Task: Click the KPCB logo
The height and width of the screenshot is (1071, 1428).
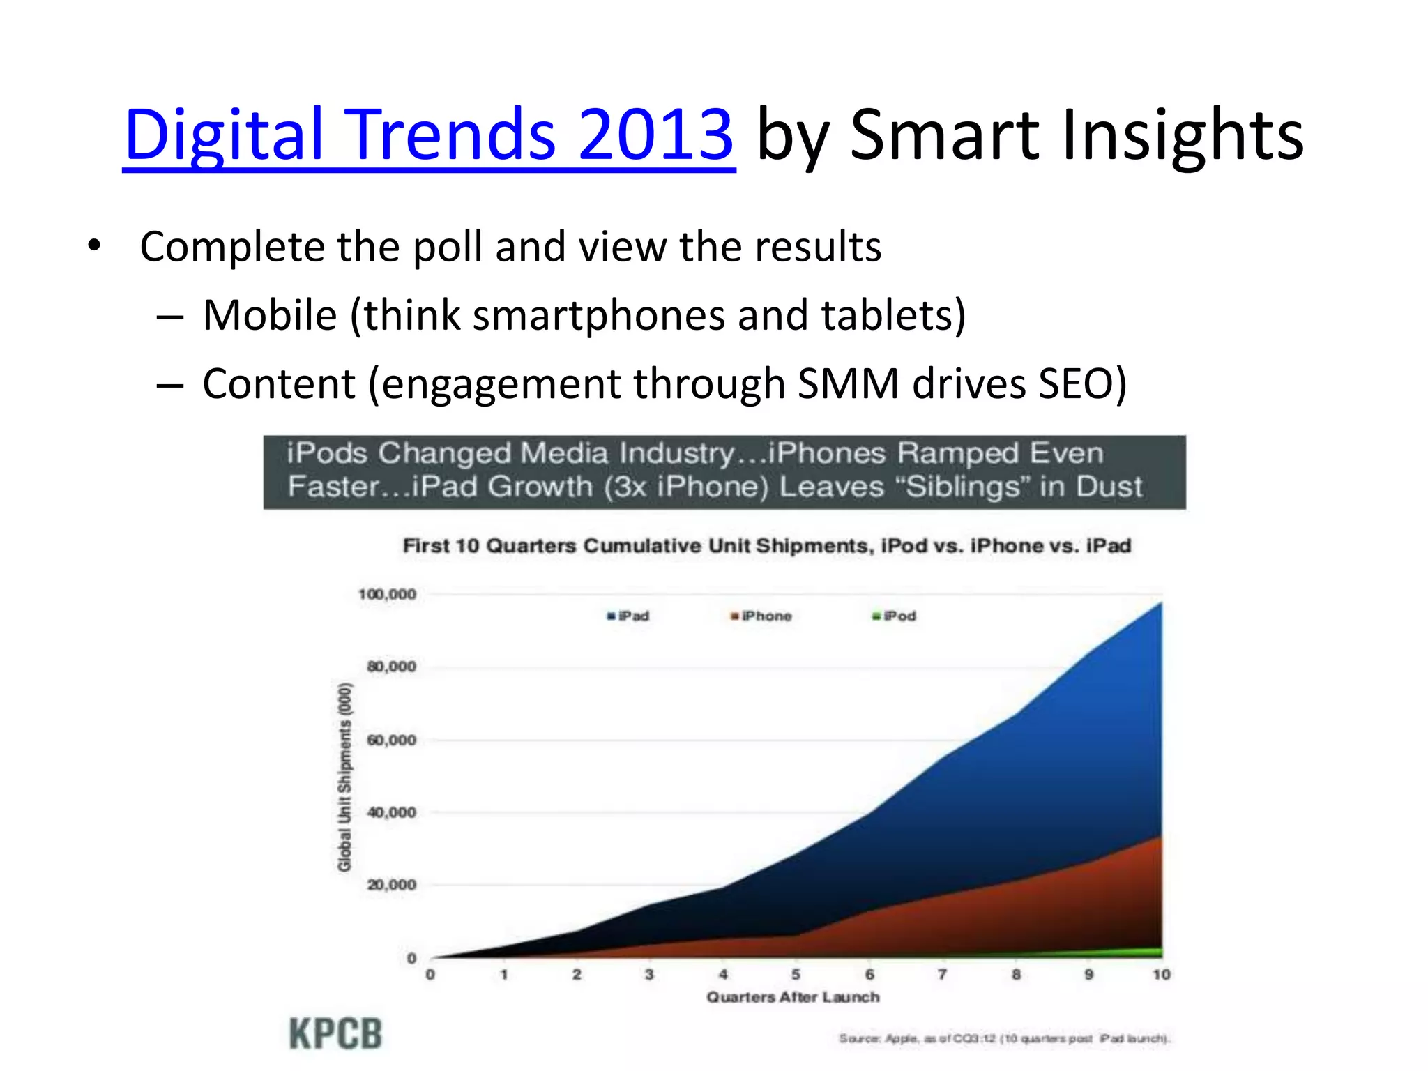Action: point(335,1033)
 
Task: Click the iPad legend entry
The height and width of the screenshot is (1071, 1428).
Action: point(629,616)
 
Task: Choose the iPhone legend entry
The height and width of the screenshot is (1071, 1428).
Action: point(761,616)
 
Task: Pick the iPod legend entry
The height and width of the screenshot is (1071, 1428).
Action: point(895,616)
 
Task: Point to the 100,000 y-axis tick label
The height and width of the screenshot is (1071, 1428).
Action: point(387,594)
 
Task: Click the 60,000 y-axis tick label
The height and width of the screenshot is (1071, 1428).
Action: point(391,740)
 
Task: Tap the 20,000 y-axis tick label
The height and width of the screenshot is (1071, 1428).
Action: point(391,885)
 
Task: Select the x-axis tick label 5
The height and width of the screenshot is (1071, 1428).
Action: point(796,974)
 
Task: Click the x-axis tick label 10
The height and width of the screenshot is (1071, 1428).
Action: point(1161,974)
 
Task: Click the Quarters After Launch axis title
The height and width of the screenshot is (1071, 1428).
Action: point(793,997)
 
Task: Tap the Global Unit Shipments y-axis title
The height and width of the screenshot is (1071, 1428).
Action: point(344,777)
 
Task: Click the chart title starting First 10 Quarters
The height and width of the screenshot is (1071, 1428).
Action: point(766,545)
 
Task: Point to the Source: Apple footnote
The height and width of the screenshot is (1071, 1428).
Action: point(1004,1038)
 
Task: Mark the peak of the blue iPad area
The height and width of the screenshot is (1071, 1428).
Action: point(1160,604)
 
